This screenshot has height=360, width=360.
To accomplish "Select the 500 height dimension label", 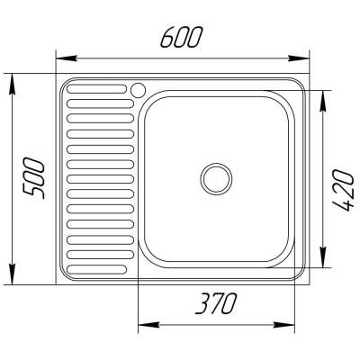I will click(34, 179).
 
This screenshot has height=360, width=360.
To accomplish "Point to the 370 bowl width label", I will click(216, 303).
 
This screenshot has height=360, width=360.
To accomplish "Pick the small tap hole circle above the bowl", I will click(138, 89).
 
